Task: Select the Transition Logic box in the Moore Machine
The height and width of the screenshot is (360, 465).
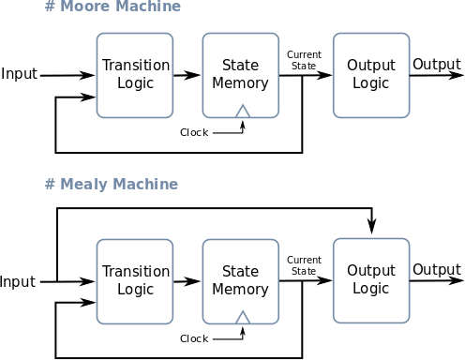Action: coord(135,75)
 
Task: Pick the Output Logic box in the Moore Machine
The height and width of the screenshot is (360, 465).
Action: coord(371,75)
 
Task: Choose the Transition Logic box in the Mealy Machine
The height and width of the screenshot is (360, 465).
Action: coord(135,280)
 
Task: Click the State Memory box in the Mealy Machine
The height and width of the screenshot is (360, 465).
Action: coord(240,280)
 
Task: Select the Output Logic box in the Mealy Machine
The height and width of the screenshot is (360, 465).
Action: coord(371,279)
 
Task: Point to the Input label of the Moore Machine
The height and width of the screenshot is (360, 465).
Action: coord(19,74)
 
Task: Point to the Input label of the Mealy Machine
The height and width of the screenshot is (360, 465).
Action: coord(18,281)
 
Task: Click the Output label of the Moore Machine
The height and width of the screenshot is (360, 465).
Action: coord(437,65)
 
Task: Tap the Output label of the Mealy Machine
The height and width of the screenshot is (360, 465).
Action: coord(437,270)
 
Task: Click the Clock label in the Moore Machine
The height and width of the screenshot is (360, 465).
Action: coord(194,132)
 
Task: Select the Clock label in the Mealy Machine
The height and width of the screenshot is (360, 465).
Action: coord(194,338)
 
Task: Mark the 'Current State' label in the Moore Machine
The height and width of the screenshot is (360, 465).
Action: coord(304,60)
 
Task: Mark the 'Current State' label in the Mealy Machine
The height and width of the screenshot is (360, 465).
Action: coord(304,266)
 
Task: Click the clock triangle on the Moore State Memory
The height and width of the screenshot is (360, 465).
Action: coord(243,112)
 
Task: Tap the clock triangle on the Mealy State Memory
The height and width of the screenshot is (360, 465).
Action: coord(243,318)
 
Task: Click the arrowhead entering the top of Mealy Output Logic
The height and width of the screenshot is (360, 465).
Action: coord(372,228)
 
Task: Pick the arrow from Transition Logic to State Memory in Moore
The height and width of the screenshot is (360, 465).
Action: coord(187,75)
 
